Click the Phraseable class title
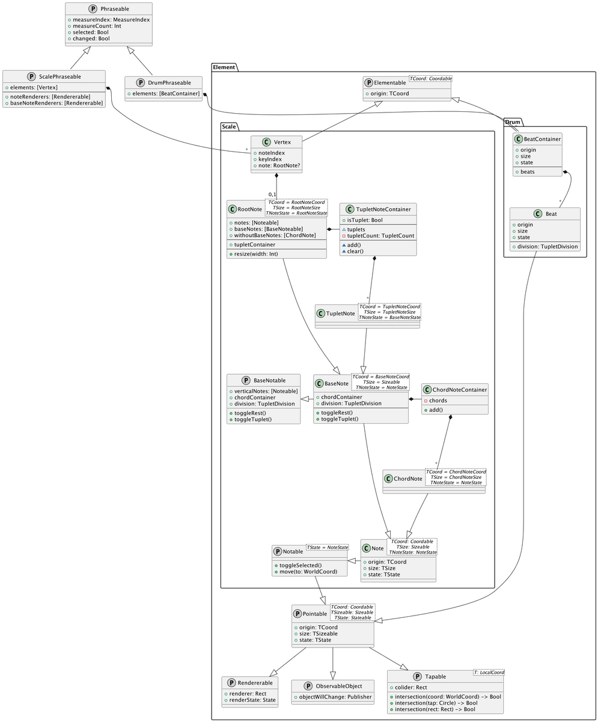115,9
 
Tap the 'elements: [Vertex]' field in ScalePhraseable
34,87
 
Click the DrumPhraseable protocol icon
140,82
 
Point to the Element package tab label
224,67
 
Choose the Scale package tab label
229,126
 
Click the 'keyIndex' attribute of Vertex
270,159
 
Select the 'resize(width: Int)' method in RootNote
256,254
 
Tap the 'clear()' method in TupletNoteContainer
355,251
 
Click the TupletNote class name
340,313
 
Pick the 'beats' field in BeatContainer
528,172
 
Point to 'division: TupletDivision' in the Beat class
548,247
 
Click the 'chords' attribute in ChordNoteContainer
438,401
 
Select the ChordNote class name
408,478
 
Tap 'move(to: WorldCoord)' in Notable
308,572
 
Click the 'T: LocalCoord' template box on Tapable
489,672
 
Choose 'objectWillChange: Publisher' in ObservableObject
335,697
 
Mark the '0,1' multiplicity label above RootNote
272,194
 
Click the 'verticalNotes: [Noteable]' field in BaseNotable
266,391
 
